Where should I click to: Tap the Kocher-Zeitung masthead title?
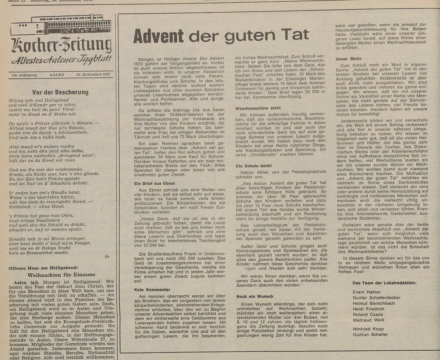tap(62, 45)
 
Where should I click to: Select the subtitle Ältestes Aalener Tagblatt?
tap(62, 60)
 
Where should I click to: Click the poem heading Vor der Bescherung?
tap(58, 92)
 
